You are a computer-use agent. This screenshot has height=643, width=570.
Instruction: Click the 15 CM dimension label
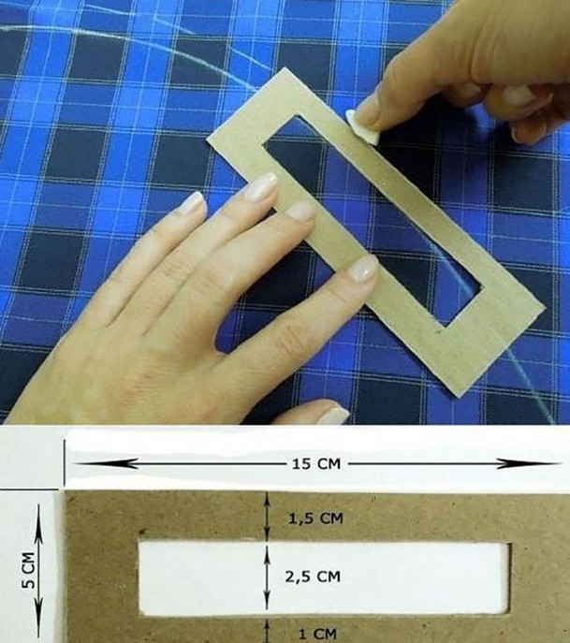click(316, 464)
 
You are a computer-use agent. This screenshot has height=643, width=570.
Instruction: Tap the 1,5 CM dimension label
click(315, 519)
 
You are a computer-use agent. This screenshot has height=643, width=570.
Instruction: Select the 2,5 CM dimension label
click(313, 577)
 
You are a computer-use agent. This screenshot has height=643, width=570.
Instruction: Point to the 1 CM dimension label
click(317, 635)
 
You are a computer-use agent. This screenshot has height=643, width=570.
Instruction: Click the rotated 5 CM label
click(29, 570)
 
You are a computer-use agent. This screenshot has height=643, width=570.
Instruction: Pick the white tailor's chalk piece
click(362, 127)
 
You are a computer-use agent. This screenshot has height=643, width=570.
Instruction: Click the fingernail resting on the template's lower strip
click(362, 269)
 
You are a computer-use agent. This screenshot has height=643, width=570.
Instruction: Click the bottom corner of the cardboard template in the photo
click(459, 397)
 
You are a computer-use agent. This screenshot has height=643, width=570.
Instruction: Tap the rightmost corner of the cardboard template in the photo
click(546, 307)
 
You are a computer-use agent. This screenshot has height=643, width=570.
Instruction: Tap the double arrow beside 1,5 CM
click(267, 517)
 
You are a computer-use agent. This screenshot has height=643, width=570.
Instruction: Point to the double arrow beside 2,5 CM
click(267, 577)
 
